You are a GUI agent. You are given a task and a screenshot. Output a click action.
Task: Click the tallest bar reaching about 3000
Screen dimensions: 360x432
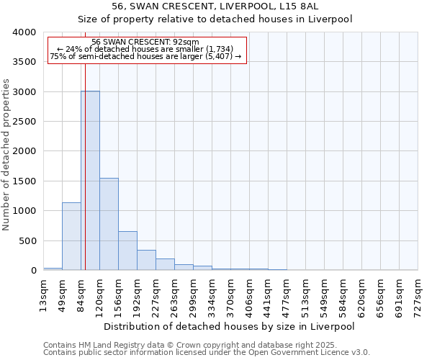click(90, 180)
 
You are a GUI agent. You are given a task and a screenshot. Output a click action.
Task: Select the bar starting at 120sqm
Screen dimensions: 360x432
click(109, 224)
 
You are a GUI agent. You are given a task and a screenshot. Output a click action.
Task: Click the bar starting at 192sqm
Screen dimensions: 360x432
click(146, 260)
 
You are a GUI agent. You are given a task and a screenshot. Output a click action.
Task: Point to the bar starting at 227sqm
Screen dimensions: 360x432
click(165, 264)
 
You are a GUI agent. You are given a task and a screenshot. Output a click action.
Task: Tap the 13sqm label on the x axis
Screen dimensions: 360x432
click(43, 294)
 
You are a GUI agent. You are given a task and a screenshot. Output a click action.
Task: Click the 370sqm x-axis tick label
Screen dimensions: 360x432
click(230, 294)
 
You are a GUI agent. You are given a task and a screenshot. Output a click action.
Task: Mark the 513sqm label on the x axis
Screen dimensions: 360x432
click(305, 294)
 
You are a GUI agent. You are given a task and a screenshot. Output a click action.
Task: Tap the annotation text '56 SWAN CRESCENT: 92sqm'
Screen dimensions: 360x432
click(146, 42)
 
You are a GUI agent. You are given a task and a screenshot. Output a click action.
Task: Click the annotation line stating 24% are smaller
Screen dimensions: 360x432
click(146, 49)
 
